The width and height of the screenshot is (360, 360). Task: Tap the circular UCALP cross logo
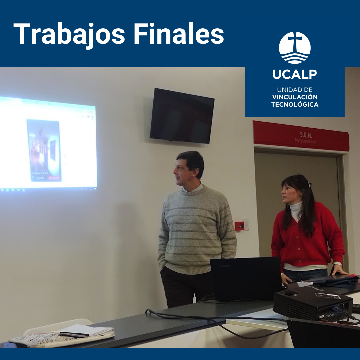pyautogui.click(x=294, y=48)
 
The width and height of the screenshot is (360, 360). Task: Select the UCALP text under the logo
pyautogui.click(x=294, y=74)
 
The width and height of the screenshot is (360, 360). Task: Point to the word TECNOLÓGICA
pyautogui.click(x=294, y=105)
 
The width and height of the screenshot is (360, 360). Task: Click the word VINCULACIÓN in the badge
pyautogui.click(x=294, y=97)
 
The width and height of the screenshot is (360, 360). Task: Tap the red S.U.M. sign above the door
pyautogui.click(x=301, y=136)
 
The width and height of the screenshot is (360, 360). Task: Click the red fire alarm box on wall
pyautogui.click(x=239, y=226)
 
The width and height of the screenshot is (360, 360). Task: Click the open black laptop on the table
pyautogui.click(x=246, y=279)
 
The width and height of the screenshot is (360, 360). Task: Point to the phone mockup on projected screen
pyautogui.click(x=44, y=150)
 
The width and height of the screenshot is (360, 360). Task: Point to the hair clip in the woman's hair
pyautogui.click(x=309, y=184)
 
